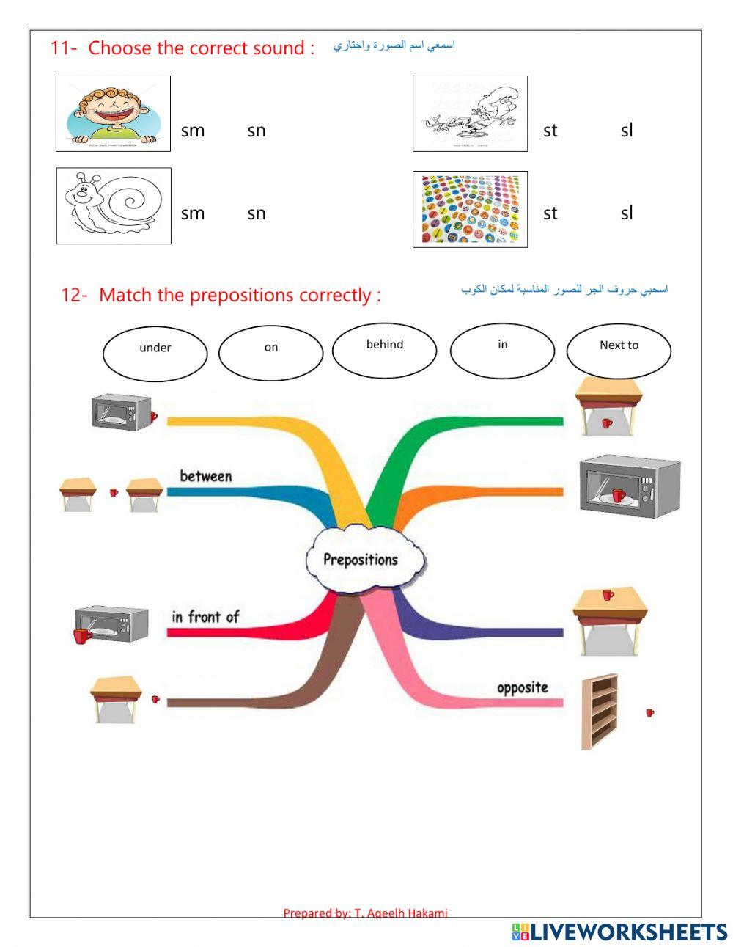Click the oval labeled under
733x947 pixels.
click(x=155, y=354)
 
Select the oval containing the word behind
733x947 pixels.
click(x=384, y=350)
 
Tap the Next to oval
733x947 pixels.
click(x=619, y=351)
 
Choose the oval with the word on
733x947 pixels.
click(x=270, y=353)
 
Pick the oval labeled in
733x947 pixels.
click(x=502, y=351)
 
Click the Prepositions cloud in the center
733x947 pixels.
click(x=361, y=560)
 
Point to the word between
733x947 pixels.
click(x=205, y=476)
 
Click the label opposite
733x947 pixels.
click(x=522, y=687)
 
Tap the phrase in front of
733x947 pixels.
click(x=205, y=617)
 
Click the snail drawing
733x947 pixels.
click(x=114, y=205)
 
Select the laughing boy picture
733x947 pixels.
click(x=113, y=114)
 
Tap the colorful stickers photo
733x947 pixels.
click(x=470, y=209)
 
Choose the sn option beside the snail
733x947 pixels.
click(x=256, y=213)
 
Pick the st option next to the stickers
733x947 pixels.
click(x=550, y=213)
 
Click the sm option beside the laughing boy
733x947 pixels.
click(x=193, y=131)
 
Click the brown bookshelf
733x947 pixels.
click(x=600, y=712)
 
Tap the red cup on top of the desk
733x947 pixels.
click(x=608, y=594)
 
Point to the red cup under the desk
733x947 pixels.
click(x=606, y=423)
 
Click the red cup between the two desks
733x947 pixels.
click(x=114, y=492)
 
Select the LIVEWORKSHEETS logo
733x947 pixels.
click(x=619, y=932)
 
